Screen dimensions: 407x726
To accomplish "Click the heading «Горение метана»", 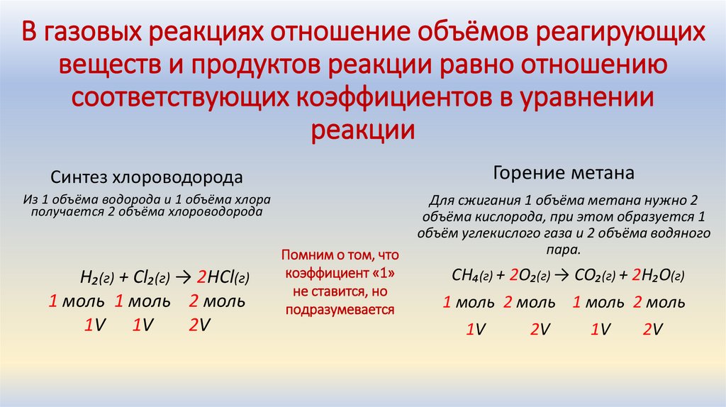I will (554, 172).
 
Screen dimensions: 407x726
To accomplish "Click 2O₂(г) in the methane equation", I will (529, 275).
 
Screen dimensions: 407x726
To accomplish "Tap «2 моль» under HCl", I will (217, 301).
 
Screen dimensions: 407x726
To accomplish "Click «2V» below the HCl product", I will (199, 325).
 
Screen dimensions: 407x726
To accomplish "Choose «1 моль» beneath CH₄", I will (468, 303).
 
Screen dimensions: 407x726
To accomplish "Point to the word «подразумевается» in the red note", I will (340, 310).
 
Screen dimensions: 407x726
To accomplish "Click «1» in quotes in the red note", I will (381, 273).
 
